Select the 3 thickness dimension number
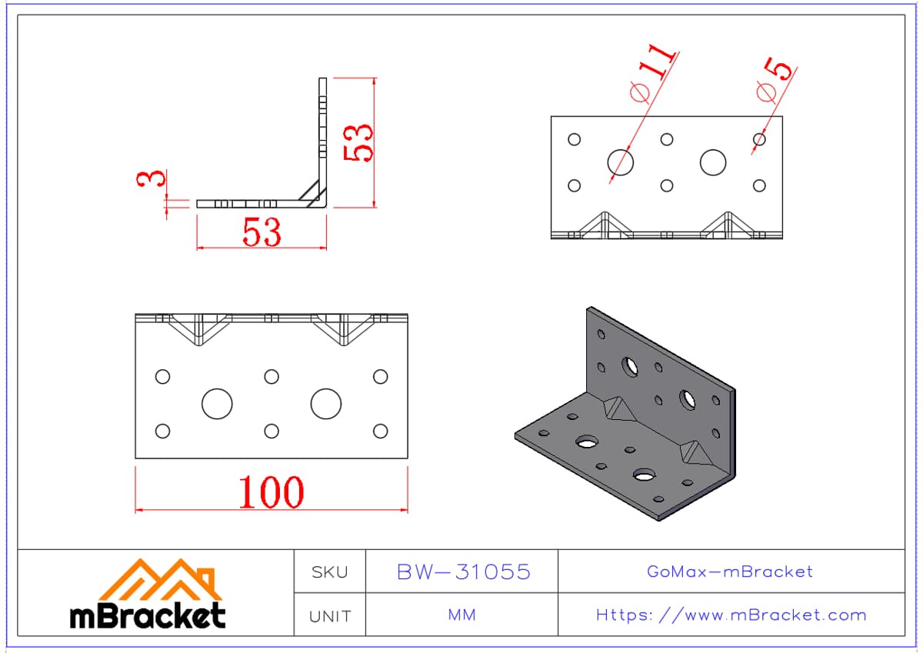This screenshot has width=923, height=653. coord(152,178)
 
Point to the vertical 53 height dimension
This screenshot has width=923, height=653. coord(358,142)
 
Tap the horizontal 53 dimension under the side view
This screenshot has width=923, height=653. coord(262,232)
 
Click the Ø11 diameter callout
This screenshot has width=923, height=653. coord(653,73)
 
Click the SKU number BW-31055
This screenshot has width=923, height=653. coord(464,571)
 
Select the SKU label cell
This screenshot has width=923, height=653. coord(330,571)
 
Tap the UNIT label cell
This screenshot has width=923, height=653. coord(330,615)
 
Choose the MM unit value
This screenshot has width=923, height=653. coord(462,615)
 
